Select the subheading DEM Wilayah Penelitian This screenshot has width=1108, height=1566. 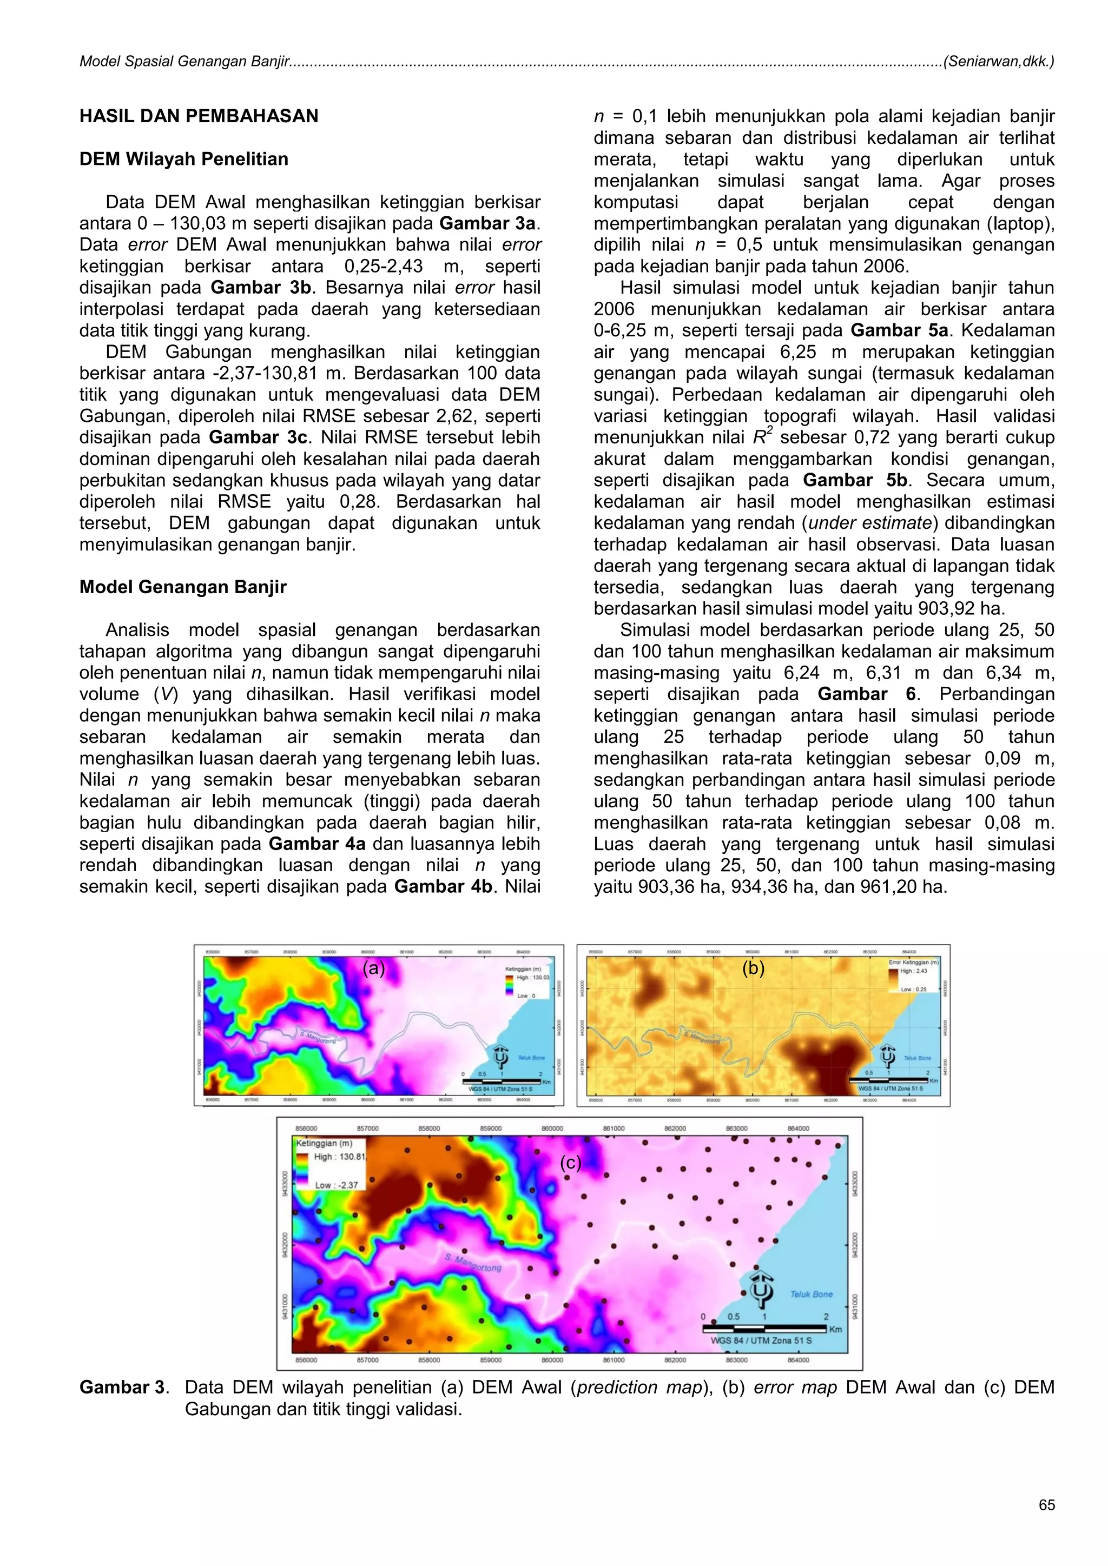point(183,159)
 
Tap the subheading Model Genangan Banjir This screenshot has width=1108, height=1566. point(183,587)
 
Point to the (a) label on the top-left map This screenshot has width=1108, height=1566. point(374,968)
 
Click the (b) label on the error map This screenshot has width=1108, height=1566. point(753,968)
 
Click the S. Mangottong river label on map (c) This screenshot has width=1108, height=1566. point(473,1263)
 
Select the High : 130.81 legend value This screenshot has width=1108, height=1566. point(340,1157)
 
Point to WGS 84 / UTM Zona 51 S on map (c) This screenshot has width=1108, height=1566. point(761,1341)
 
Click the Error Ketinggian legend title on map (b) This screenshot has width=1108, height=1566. point(913,963)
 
